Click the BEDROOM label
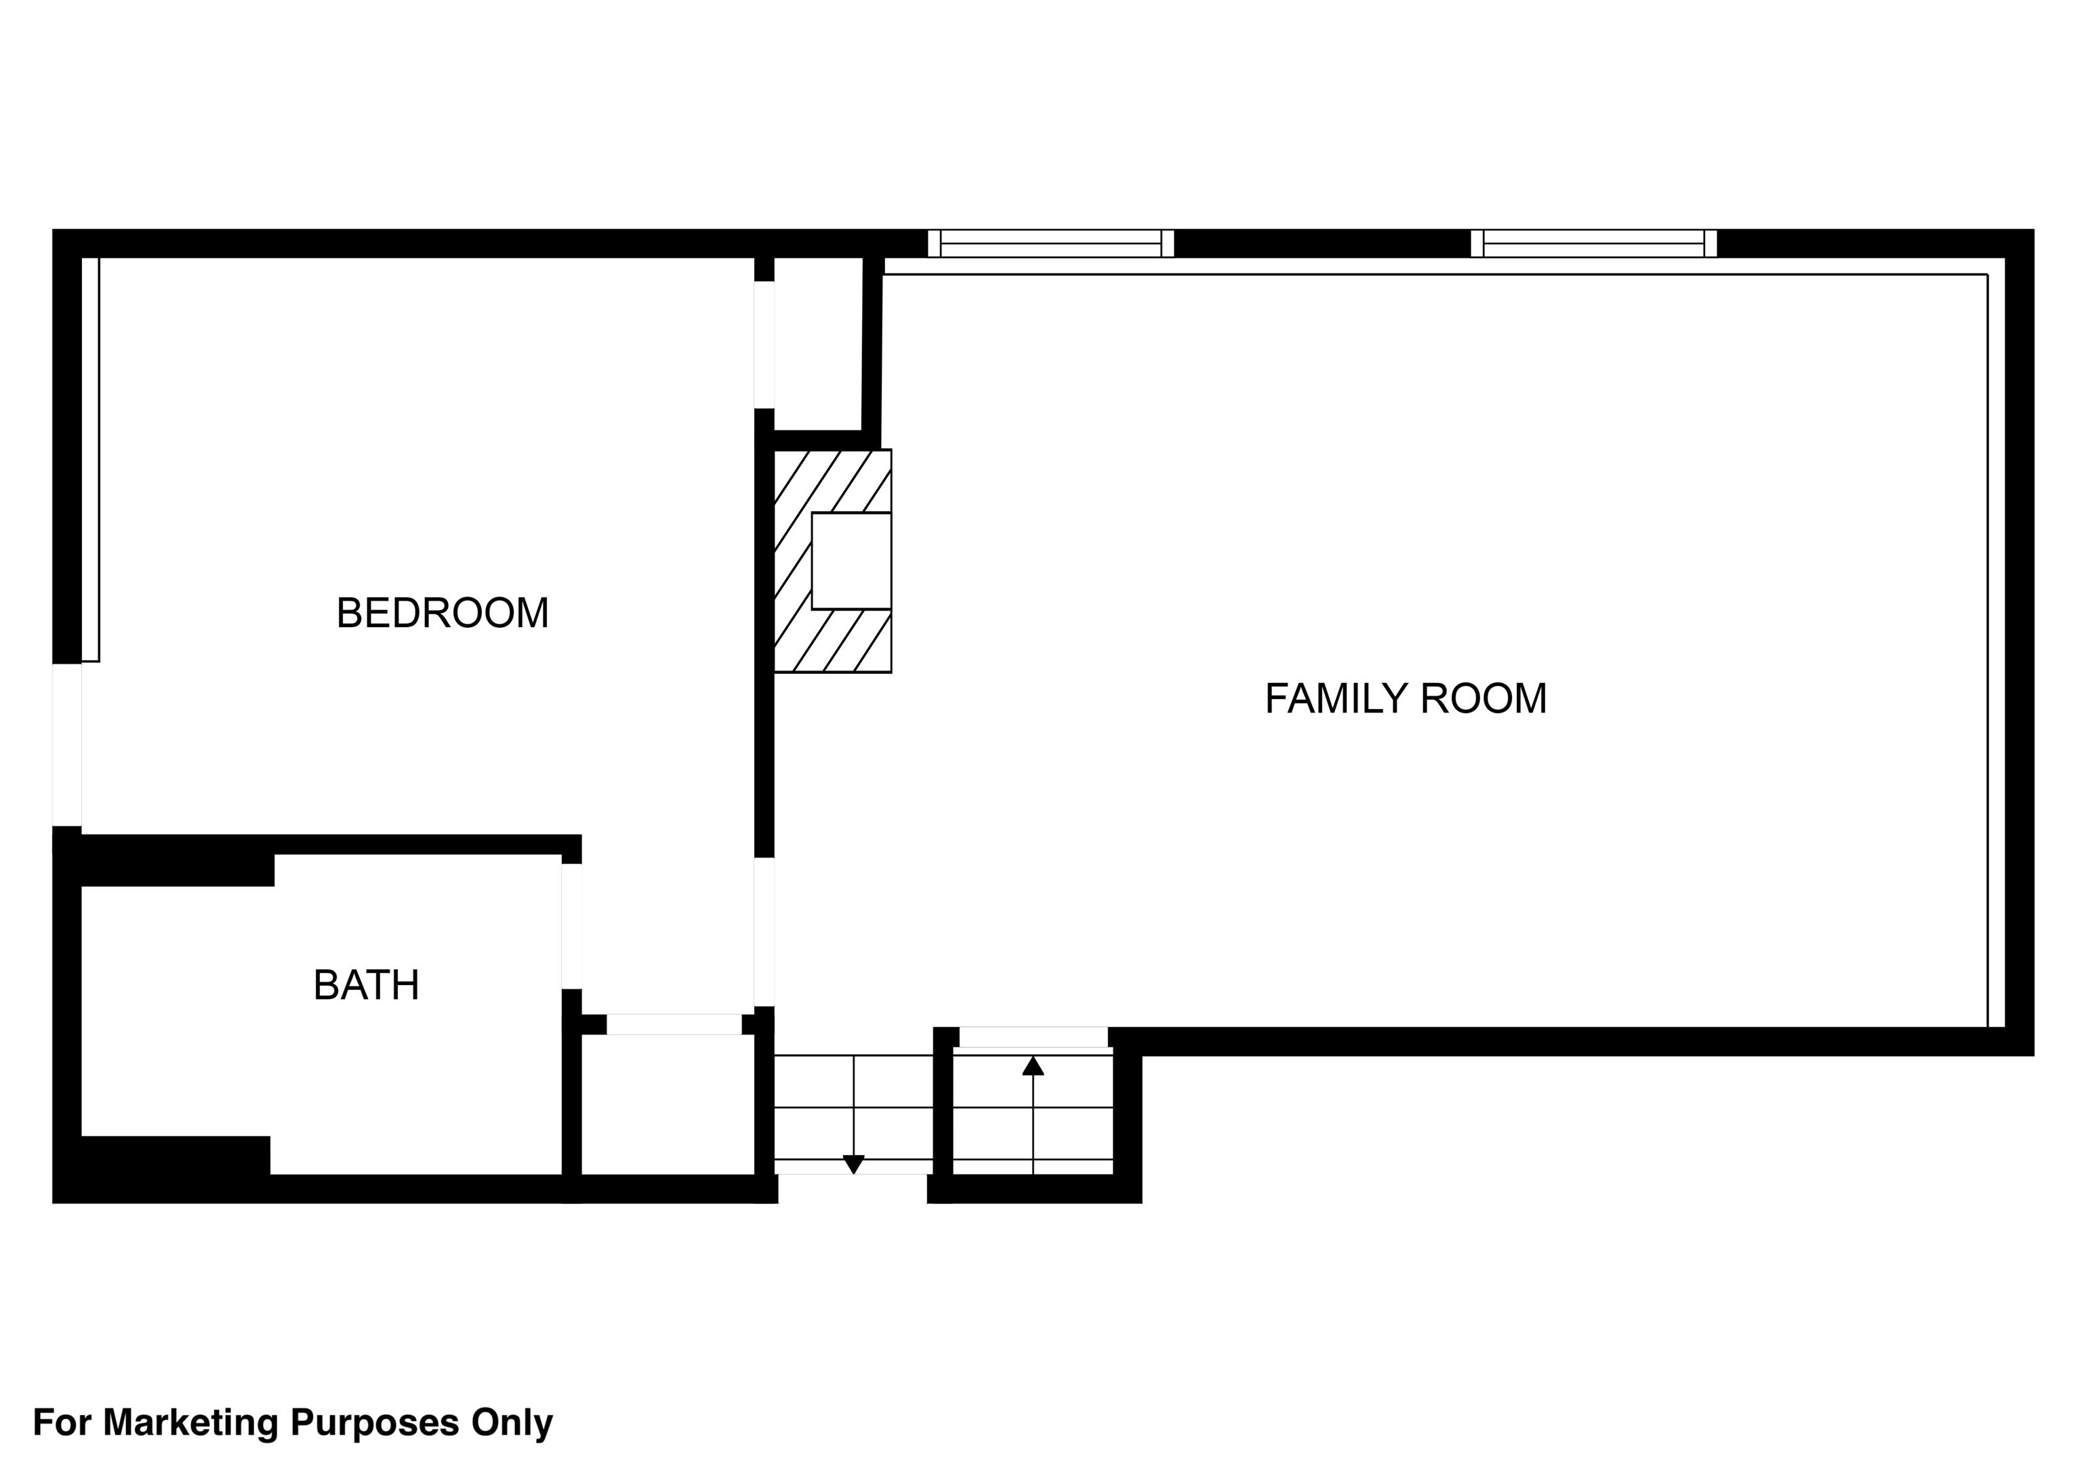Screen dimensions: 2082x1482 (x=443, y=614)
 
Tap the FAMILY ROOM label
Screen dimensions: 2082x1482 (x=1406, y=699)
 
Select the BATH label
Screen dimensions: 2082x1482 (x=366, y=986)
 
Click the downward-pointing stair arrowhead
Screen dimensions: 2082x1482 (x=853, y=1165)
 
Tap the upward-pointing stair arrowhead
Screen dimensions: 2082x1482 (x=1033, y=1066)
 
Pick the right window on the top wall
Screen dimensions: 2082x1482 (x=1594, y=243)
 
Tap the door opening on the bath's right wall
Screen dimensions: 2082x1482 (x=572, y=926)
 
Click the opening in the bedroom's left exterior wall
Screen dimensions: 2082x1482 (x=66, y=744)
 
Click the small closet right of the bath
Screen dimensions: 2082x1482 (x=668, y=1104)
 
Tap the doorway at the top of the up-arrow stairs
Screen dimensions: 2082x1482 (x=1034, y=1037)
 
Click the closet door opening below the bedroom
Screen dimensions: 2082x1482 (x=674, y=1024)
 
